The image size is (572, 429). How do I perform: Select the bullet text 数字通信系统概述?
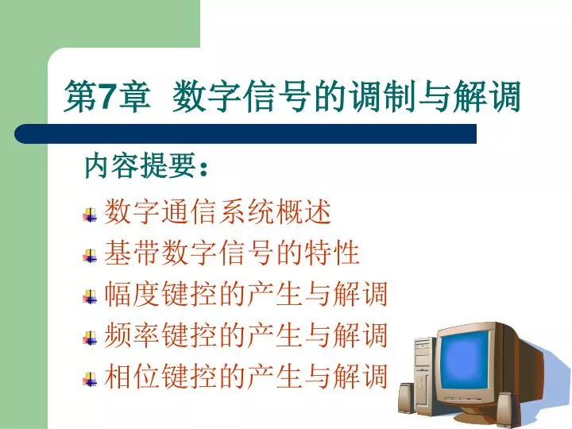click(218, 211)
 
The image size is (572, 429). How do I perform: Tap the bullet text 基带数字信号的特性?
click(232, 253)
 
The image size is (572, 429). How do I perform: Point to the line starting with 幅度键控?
click(245, 294)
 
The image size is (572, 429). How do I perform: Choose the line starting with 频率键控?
click(245, 335)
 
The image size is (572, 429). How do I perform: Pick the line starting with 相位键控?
click(245, 376)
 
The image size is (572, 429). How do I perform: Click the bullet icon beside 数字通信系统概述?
click(90, 215)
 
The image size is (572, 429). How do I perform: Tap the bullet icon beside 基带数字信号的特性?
click(90, 256)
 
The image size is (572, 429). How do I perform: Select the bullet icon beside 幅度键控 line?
click(90, 297)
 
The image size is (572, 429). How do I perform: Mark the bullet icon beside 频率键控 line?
click(90, 338)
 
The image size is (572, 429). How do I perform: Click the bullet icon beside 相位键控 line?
click(90, 380)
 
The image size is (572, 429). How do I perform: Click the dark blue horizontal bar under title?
click(245, 133)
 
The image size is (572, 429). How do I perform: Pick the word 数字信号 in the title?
click(242, 96)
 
